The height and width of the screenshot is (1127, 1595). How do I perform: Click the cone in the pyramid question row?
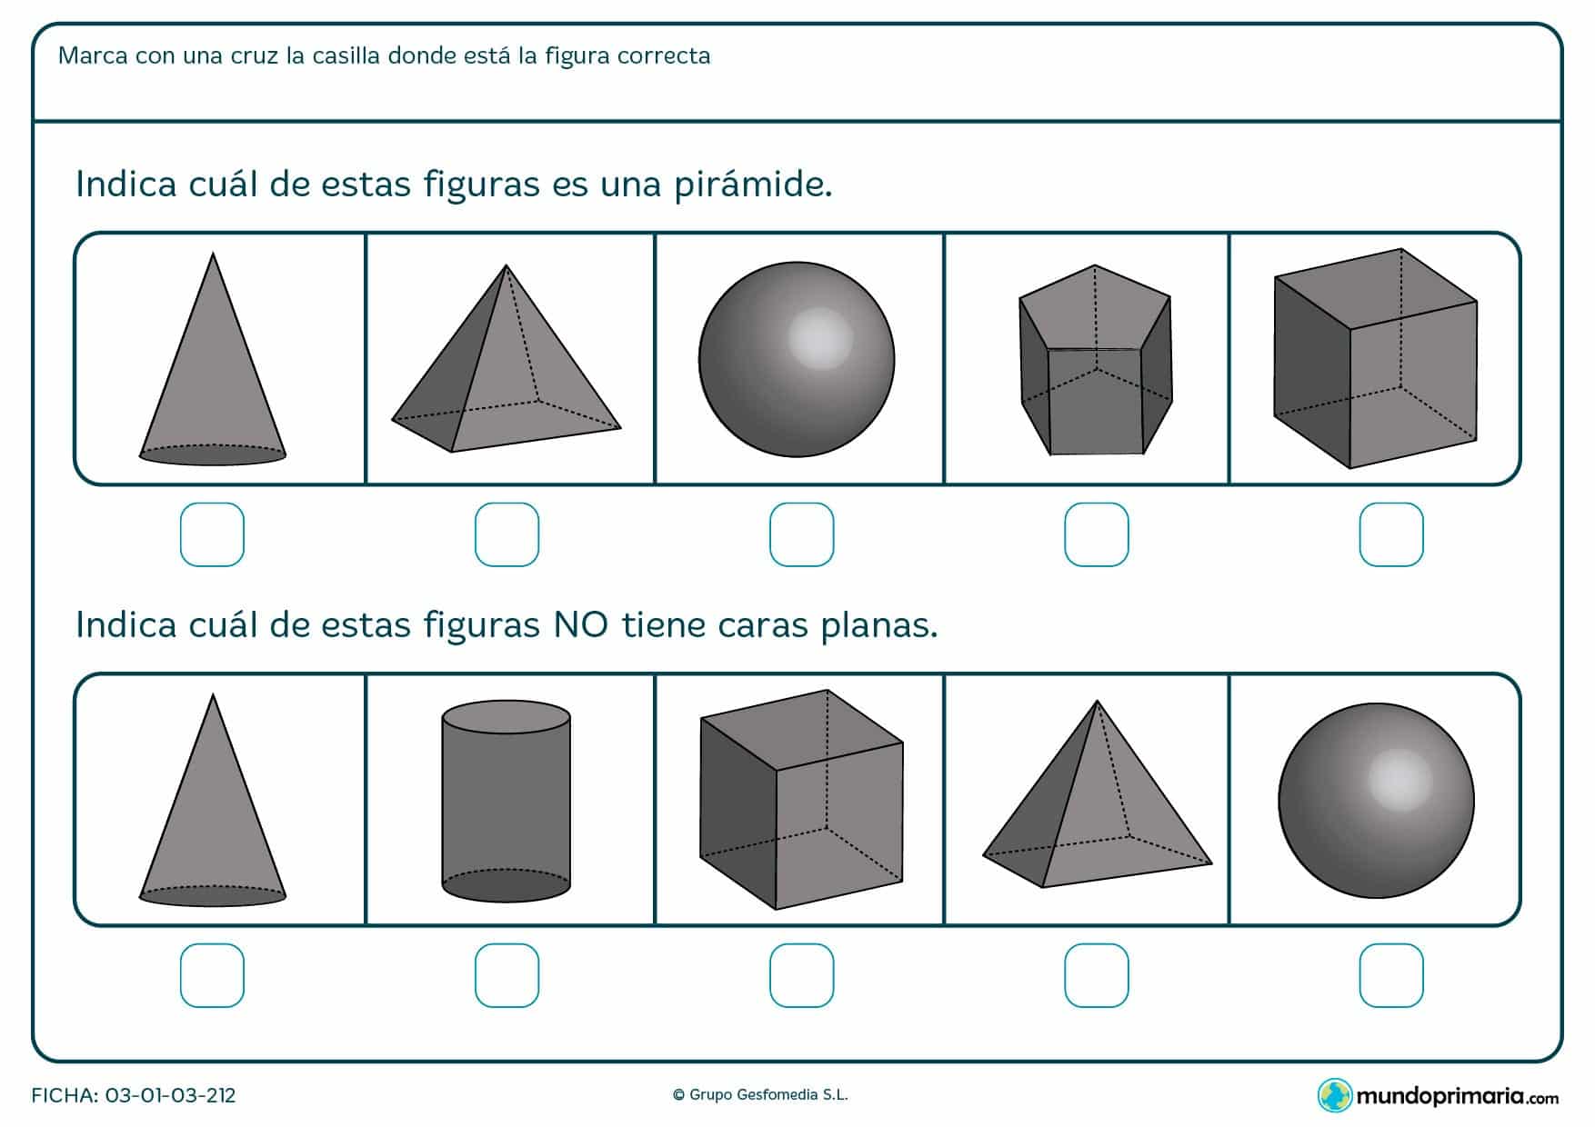[x=213, y=364]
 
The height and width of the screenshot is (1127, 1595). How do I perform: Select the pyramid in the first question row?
[x=506, y=364]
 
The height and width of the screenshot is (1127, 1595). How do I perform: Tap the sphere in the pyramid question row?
[x=797, y=360]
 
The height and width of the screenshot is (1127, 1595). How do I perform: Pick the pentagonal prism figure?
[x=1096, y=360]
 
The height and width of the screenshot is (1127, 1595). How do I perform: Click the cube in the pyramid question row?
[x=1375, y=358]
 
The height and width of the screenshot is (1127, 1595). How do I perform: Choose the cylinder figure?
[x=507, y=802]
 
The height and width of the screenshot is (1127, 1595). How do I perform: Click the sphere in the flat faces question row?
[x=1376, y=801]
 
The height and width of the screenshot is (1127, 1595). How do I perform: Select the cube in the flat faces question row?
[x=801, y=799]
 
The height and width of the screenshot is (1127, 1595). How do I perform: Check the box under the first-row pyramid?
[x=507, y=534]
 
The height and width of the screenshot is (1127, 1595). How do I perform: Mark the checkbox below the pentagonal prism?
[x=1097, y=534]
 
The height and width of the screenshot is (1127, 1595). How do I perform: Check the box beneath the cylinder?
[x=507, y=975]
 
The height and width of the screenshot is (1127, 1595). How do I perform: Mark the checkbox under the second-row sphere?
[x=1391, y=975]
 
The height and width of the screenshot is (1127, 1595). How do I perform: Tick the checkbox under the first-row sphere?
[x=801, y=534]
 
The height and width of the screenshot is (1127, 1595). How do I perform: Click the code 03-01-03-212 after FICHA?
[x=171, y=1095]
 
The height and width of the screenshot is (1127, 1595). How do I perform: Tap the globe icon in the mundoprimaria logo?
[x=1335, y=1095]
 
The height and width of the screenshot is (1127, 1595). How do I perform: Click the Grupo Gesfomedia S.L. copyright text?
[x=760, y=1095]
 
